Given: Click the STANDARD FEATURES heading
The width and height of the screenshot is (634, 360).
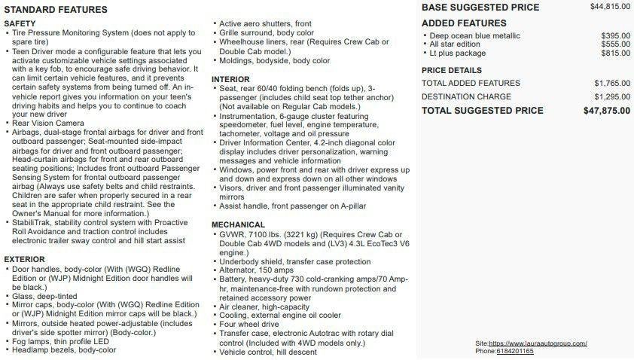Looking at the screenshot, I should (x=56, y=10).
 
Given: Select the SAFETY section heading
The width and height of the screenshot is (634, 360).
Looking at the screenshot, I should (x=20, y=24).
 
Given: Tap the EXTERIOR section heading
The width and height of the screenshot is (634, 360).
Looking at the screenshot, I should (x=24, y=259).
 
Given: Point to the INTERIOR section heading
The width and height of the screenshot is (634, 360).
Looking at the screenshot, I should (x=230, y=79).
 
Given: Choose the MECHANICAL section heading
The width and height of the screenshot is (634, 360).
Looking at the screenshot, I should (x=238, y=224).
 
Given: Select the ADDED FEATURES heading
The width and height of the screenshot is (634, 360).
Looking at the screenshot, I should (x=464, y=23).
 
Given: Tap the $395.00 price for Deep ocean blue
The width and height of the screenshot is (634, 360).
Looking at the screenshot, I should (x=616, y=35).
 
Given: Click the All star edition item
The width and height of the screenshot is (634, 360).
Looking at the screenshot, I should (x=455, y=44).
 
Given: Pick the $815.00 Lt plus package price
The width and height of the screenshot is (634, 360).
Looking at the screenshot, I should (x=616, y=53).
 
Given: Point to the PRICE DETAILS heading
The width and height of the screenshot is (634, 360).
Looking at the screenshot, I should (x=452, y=70).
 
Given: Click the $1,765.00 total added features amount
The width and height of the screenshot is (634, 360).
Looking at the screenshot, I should (x=612, y=83).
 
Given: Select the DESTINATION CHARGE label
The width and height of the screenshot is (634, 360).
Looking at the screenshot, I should (x=466, y=96).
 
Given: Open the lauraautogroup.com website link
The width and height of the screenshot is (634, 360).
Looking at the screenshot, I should (x=538, y=343).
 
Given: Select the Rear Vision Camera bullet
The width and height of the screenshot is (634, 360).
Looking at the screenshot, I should (x=48, y=123).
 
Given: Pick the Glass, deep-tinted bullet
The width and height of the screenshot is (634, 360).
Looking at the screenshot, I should (x=44, y=296).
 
